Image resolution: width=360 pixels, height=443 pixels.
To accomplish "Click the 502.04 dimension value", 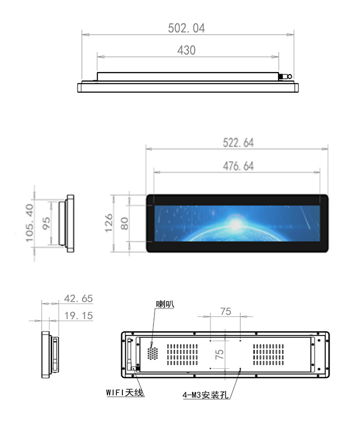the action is (186, 28).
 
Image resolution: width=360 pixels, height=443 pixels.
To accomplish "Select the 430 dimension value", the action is (186, 50).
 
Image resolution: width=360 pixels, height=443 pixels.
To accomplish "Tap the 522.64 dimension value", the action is (238, 143).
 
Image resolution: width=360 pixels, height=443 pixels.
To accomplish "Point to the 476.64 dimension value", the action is (238, 166).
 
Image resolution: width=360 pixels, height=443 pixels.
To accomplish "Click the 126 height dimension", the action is (109, 223).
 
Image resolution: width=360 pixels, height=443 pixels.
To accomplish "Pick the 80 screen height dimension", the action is (125, 224).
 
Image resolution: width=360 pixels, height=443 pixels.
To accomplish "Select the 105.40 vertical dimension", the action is (30, 223).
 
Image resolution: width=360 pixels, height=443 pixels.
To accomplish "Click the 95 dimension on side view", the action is (47, 223).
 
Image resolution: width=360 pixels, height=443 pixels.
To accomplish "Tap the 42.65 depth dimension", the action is (78, 298).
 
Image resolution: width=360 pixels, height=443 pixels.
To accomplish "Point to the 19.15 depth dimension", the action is (78, 316).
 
